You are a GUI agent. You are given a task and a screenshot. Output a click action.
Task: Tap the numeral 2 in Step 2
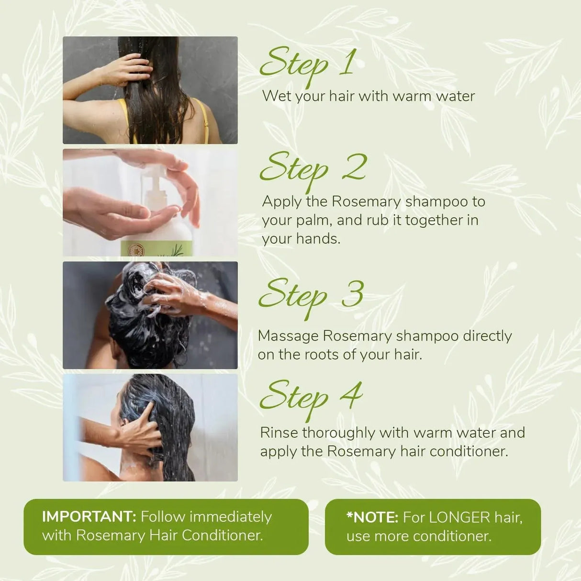click(355, 168)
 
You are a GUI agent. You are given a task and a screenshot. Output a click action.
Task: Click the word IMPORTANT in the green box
click(89, 517)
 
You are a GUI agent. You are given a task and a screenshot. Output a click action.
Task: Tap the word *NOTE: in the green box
click(372, 517)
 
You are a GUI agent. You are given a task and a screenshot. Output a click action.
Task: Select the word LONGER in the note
click(459, 517)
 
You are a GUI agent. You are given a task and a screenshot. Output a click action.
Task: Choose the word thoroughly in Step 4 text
click(339, 433)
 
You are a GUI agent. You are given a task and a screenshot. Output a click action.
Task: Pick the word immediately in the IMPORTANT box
click(231, 517)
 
